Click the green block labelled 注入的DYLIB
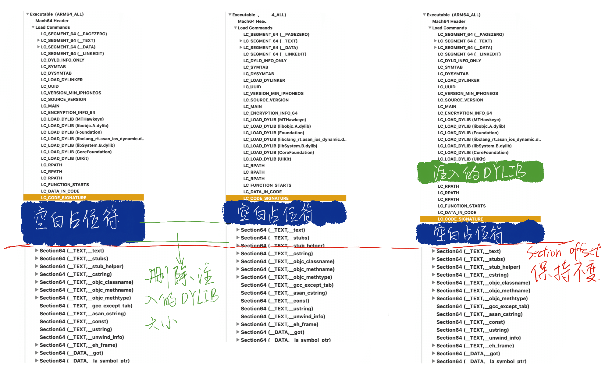(x=480, y=172)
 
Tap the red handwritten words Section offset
(x=563, y=252)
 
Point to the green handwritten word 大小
(x=161, y=323)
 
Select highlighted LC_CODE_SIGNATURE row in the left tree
(x=84, y=198)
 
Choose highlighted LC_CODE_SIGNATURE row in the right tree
(x=480, y=219)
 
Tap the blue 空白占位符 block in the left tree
(x=83, y=221)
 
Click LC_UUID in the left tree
(x=50, y=86)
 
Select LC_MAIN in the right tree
(x=447, y=107)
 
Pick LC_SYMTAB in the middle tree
(x=256, y=67)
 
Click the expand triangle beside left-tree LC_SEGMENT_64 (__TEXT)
(x=38, y=40)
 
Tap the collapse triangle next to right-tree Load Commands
(x=430, y=28)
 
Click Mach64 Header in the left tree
(x=52, y=21)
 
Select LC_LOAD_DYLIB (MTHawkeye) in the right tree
(x=469, y=120)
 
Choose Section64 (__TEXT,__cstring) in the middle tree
(x=277, y=253)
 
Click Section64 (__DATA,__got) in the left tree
(x=71, y=353)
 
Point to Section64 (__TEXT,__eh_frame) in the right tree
(x=475, y=346)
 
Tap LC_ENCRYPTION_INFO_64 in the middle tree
(x=270, y=113)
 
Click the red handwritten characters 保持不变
(x=564, y=272)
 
